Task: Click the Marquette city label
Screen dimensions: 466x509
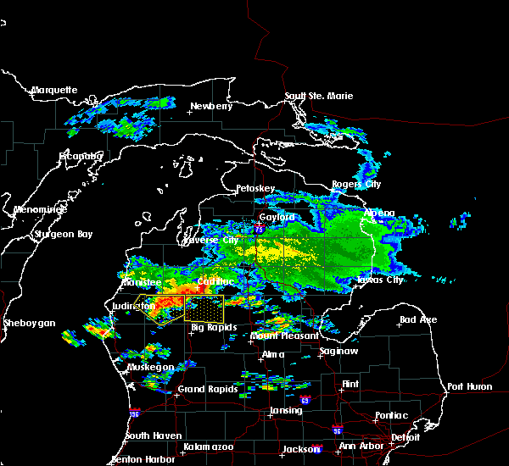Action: (x=54, y=90)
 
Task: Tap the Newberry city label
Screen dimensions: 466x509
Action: (x=210, y=106)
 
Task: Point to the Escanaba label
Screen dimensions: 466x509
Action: (x=81, y=156)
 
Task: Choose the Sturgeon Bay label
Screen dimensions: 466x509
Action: (x=61, y=234)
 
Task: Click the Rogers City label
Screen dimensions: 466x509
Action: (x=356, y=184)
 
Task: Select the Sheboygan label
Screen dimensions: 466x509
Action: (x=29, y=323)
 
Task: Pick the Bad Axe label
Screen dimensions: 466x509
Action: (x=418, y=319)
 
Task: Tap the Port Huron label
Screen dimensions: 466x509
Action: (x=469, y=386)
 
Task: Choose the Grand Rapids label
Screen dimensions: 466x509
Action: (x=208, y=390)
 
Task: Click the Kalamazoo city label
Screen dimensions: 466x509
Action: (x=209, y=446)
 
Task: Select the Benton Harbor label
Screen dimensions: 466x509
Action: (x=143, y=459)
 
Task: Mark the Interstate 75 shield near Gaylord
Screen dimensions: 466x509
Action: (x=260, y=229)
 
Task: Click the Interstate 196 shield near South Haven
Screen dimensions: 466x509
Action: (x=134, y=413)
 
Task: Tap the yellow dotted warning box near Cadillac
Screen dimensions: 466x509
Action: (x=204, y=308)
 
